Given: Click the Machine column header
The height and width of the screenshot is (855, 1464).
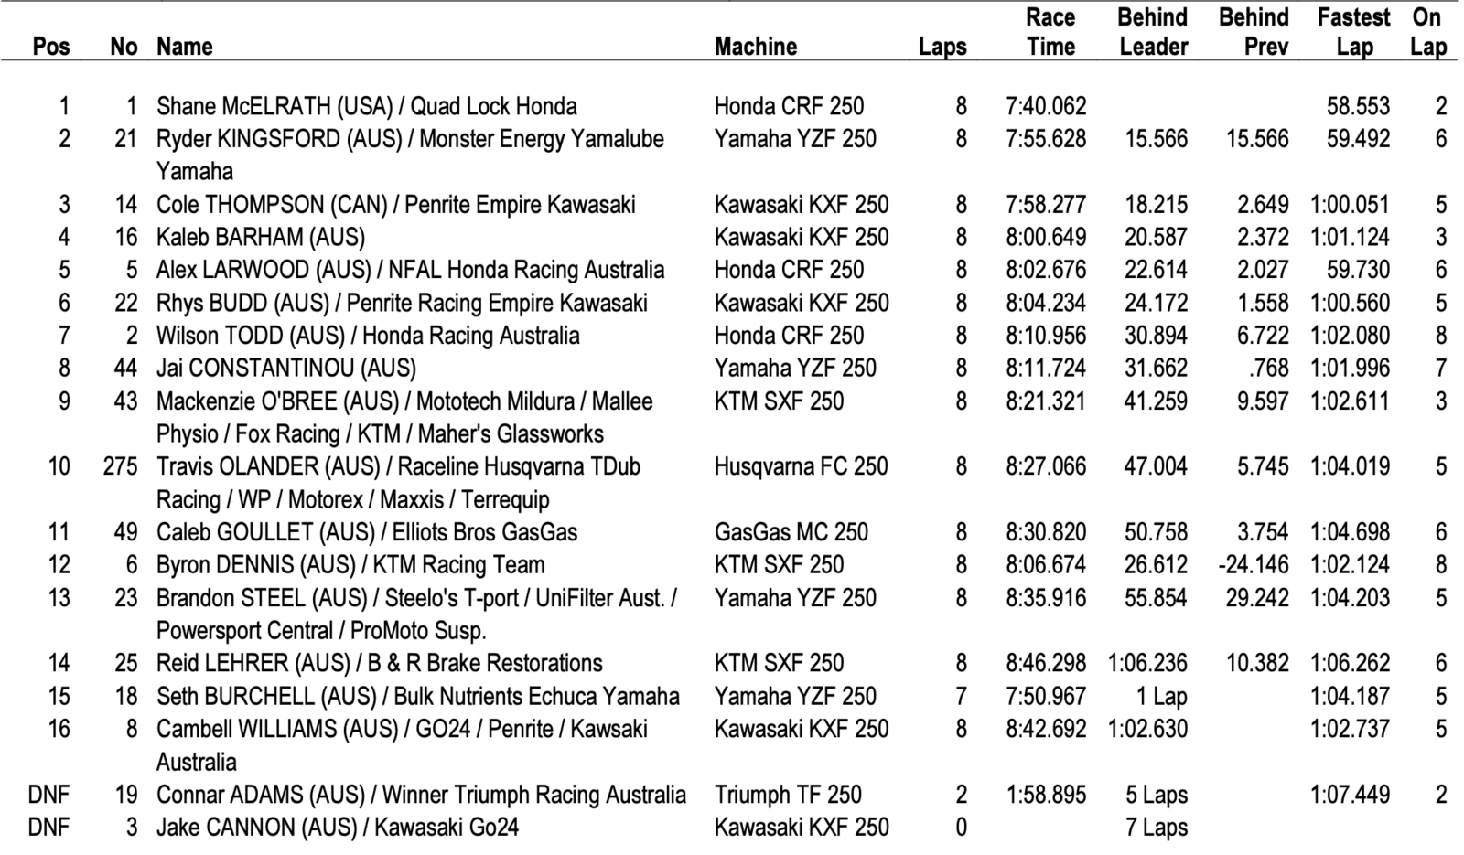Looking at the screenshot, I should coord(755,47).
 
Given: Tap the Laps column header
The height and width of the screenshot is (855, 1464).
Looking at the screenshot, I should coord(942,47).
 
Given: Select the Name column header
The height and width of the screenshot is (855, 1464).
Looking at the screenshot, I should coord(184,47).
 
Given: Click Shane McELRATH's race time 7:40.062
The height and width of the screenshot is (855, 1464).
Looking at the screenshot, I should coord(1046,106).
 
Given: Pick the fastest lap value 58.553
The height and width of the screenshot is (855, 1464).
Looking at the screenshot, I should coord(1358,106).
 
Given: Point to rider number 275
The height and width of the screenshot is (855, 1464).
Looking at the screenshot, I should coord(120,466).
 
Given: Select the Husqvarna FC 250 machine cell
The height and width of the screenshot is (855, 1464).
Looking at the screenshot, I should coord(801,466).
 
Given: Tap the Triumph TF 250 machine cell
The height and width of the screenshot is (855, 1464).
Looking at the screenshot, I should coord(788,795).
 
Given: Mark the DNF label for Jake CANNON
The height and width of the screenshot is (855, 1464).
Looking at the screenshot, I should coord(48,828).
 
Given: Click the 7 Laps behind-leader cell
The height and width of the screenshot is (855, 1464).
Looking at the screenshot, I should coord(1157,828).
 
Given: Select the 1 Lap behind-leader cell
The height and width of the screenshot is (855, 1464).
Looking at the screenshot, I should coord(1161,697).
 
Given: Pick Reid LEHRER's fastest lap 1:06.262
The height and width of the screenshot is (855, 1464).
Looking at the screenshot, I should coord(1350,664).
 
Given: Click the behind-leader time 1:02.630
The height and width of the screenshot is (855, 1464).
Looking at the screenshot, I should coord(1147,730).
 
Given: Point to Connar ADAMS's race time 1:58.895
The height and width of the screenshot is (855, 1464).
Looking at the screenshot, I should coord(1046,795).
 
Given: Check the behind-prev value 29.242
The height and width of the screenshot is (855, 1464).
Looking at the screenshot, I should coord(1256,598).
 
